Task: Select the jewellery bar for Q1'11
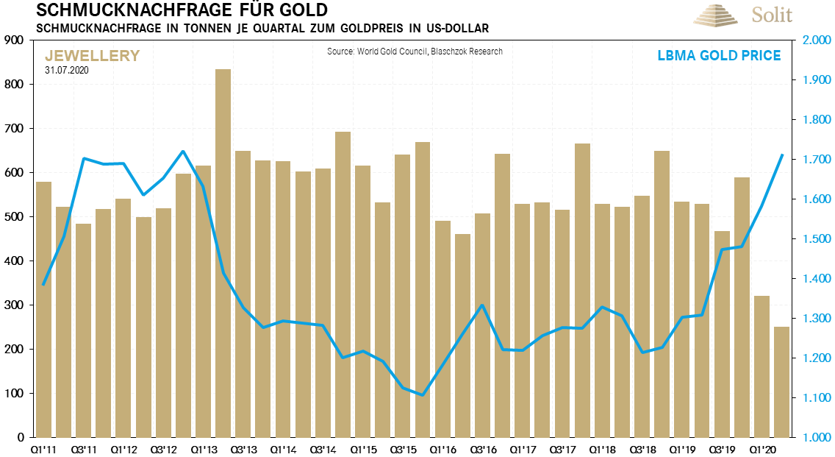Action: click(43, 309)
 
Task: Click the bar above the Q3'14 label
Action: click(323, 302)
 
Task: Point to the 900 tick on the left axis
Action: click(15, 40)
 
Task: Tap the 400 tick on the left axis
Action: click(15, 261)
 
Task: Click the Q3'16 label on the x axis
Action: click(482, 448)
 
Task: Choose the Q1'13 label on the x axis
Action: click(203, 448)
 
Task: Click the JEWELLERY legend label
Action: click(92, 56)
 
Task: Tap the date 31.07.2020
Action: click(68, 70)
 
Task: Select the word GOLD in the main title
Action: click(301, 11)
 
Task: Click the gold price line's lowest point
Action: click(422, 395)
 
